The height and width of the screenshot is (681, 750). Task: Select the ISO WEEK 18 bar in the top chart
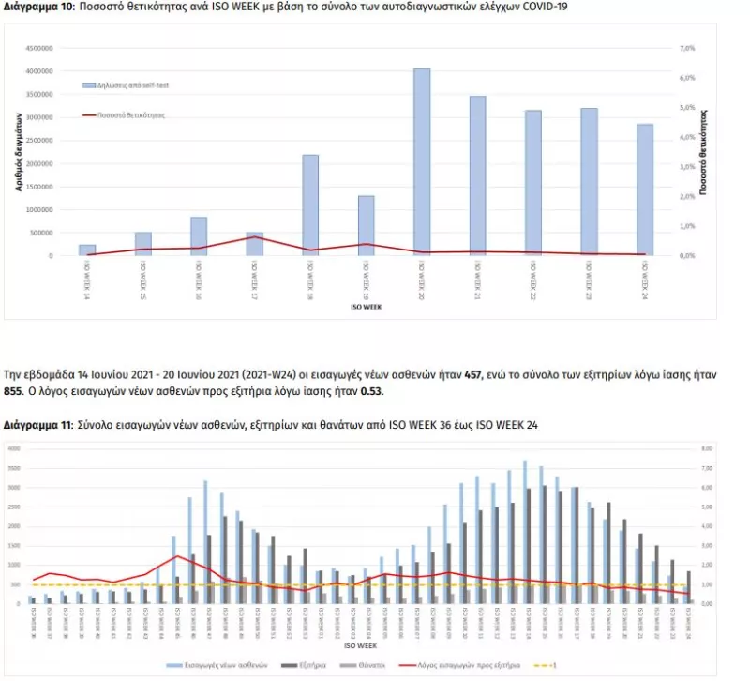click(x=310, y=204)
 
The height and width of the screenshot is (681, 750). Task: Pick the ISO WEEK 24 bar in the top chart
click(x=645, y=189)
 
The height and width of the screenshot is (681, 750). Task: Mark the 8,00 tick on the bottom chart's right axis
click(x=710, y=448)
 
